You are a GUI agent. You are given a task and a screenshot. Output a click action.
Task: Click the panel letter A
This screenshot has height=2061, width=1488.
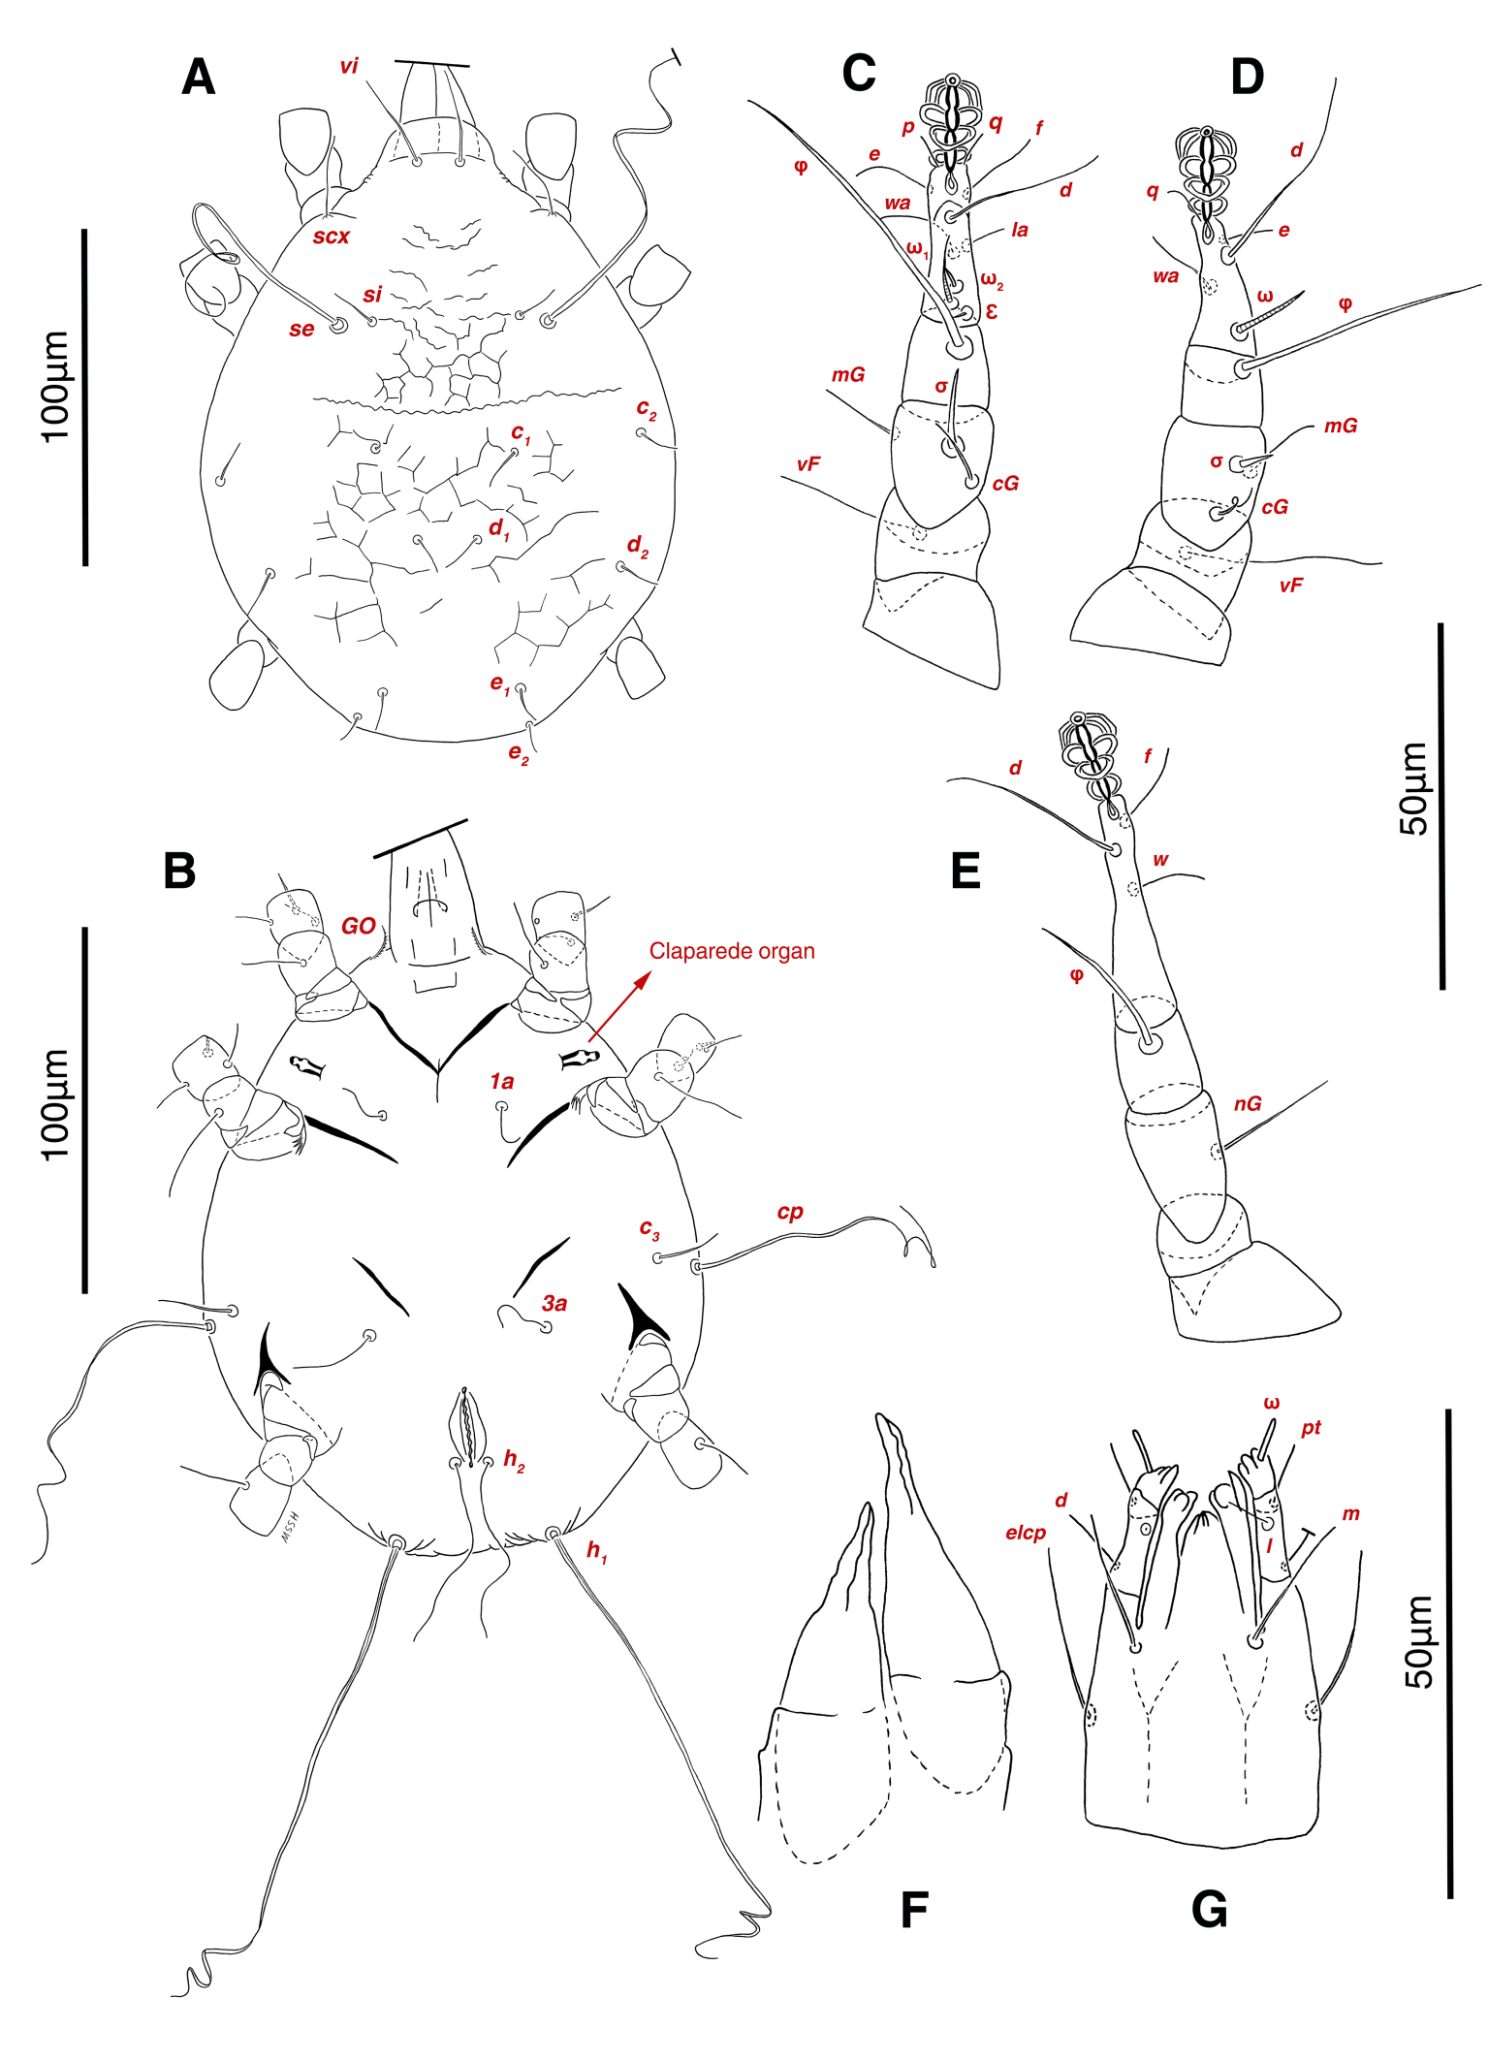tap(198, 77)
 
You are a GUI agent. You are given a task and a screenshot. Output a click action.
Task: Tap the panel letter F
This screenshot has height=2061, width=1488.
tap(914, 1911)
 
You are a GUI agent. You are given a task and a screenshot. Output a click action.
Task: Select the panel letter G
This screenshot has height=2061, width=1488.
tap(1209, 1910)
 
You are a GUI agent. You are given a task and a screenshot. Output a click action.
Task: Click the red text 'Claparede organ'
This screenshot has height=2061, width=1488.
tap(732, 951)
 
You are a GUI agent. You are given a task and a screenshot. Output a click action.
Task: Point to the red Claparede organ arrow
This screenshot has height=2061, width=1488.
tap(618, 1008)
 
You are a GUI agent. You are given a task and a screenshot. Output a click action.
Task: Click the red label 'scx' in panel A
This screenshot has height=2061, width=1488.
tap(331, 237)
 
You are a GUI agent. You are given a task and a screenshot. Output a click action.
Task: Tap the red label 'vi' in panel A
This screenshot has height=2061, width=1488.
tap(349, 66)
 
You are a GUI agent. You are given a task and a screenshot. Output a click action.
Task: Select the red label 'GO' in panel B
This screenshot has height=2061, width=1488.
tap(358, 926)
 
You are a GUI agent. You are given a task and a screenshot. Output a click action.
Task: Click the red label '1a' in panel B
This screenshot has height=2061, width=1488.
tap(501, 1081)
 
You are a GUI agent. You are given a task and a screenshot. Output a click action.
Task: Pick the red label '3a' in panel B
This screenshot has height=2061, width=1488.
tap(554, 1304)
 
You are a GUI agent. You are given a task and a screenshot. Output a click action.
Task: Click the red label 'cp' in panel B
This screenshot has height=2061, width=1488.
tap(790, 1212)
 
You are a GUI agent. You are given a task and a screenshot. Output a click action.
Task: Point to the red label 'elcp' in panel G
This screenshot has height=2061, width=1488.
tap(1026, 1533)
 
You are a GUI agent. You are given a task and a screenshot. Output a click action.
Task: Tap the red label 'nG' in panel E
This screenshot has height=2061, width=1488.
tap(1248, 1103)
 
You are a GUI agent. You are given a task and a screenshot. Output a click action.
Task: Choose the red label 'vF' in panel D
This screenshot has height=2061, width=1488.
tap(1290, 586)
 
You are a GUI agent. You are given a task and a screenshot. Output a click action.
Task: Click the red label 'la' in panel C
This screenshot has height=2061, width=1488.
tap(1019, 230)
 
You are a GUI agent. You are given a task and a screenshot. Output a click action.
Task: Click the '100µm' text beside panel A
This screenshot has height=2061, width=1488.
tap(56, 387)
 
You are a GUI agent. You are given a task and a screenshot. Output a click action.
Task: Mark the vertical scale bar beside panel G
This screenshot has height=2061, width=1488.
tap(1449, 1653)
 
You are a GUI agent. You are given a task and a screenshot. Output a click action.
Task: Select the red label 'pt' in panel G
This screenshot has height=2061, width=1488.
tap(1311, 1427)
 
